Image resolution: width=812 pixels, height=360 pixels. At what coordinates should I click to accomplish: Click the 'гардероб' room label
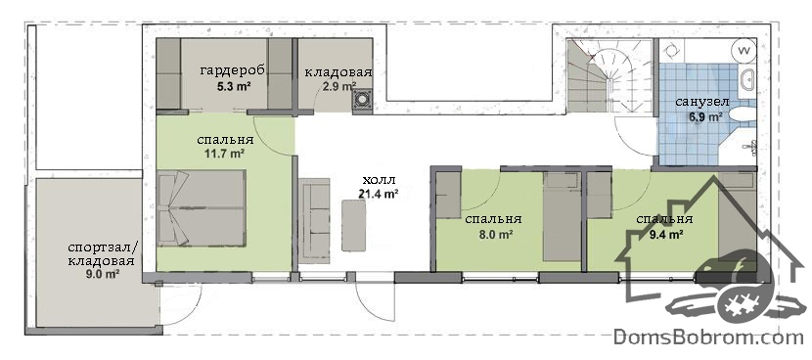[x=233, y=71]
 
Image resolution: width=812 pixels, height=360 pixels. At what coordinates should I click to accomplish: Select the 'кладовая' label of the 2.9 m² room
[x=338, y=72]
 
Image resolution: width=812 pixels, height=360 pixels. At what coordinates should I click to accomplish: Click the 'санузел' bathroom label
[x=701, y=102]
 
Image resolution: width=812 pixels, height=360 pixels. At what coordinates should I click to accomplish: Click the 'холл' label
[x=379, y=180]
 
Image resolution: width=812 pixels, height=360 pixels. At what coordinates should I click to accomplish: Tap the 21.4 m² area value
[x=378, y=195]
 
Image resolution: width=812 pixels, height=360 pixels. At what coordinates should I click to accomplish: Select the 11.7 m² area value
[x=225, y=154]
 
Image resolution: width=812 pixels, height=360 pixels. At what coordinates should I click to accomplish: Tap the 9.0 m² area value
[x=104, y=275]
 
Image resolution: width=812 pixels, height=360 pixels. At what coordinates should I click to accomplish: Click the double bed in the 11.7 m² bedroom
[x=202, y=207]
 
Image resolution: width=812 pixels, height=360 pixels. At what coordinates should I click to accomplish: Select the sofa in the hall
[x=315, y=222]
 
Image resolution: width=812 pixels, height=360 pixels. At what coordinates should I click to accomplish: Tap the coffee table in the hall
[x=355, y=225]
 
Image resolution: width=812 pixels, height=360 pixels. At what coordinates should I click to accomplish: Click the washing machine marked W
[x=744, y=51]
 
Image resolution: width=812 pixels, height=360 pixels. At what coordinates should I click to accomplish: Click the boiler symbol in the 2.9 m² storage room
[x=363, y=99]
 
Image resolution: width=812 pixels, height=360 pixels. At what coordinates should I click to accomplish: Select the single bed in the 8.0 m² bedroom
[x=562, y=216]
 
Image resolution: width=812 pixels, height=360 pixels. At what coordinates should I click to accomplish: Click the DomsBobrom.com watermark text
[x=708, y=337]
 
